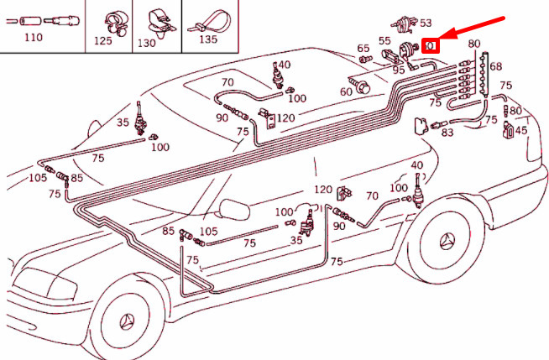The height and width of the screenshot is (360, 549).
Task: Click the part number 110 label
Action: click(x=34, y=37)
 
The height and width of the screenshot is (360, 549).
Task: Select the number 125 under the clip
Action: click(x=103, y=40)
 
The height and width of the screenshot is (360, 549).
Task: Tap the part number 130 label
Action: click(x=146, y=43)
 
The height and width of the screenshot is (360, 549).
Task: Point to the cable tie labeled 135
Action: click(x=209, y=23)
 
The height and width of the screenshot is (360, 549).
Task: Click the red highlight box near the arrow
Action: click(x=431, y=46)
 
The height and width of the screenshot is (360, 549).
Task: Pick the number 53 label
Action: click(x=426, y=23)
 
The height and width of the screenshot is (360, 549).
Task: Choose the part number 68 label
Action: click(x=496, y=66)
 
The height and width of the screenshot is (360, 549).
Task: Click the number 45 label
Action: click(x=521, y=131)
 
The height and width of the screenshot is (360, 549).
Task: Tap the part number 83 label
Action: click(x=447, y=133)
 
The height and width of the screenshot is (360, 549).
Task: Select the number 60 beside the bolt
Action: click(x=346, y=91)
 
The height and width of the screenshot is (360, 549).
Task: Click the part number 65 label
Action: click(x=363, y=49)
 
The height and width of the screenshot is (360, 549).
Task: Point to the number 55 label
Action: click(x=384, y=41)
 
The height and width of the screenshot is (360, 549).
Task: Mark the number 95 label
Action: click(x=399, y=70)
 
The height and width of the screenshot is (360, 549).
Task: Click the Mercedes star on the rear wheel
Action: click(x=447, y=242)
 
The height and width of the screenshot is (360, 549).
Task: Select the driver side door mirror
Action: click(x=234, y=209)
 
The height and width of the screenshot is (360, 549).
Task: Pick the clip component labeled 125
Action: click(x=115, y=23)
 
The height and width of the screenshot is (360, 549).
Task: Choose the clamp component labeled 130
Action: click(x=159, y=23)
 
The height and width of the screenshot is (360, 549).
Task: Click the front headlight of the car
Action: click(x=45, y=284)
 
